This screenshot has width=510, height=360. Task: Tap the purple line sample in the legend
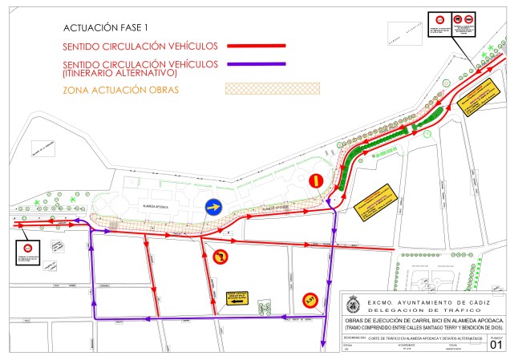[x=257, y=63]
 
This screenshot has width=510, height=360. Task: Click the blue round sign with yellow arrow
[x=214, y=207]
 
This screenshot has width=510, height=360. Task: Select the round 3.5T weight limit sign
[x=310, y=301]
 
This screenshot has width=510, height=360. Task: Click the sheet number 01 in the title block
[x=494, y=345]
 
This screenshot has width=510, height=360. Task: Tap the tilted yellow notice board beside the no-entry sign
[x=375, y=203]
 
